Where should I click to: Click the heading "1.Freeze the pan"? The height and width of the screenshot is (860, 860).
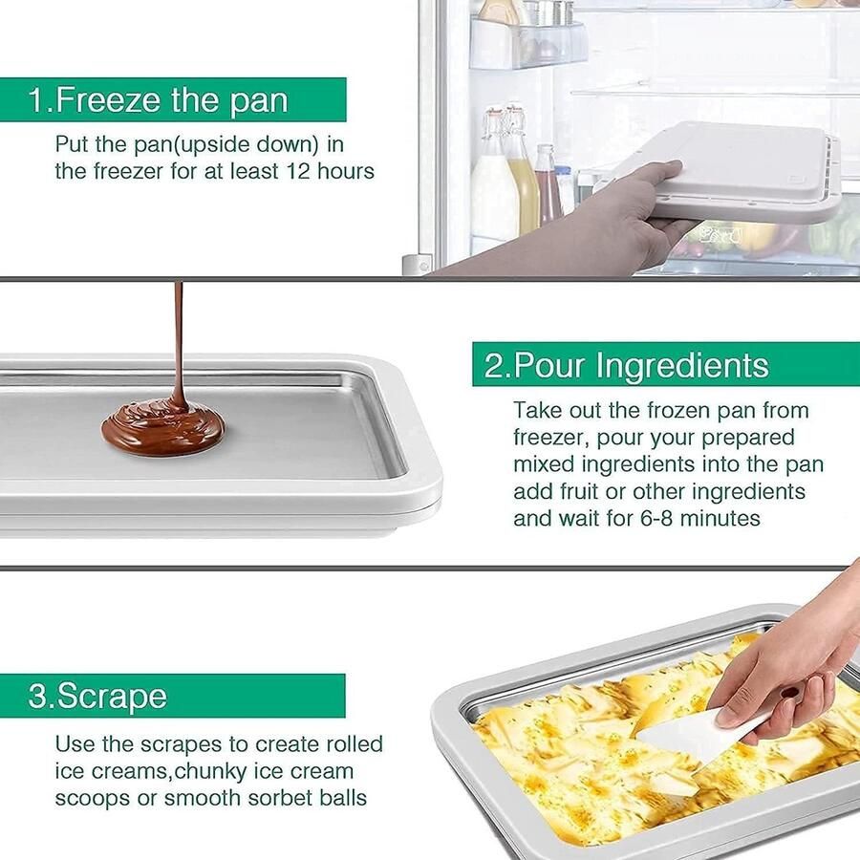[x=158, y=100]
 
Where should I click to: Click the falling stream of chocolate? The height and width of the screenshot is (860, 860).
[x=178, y=344]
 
